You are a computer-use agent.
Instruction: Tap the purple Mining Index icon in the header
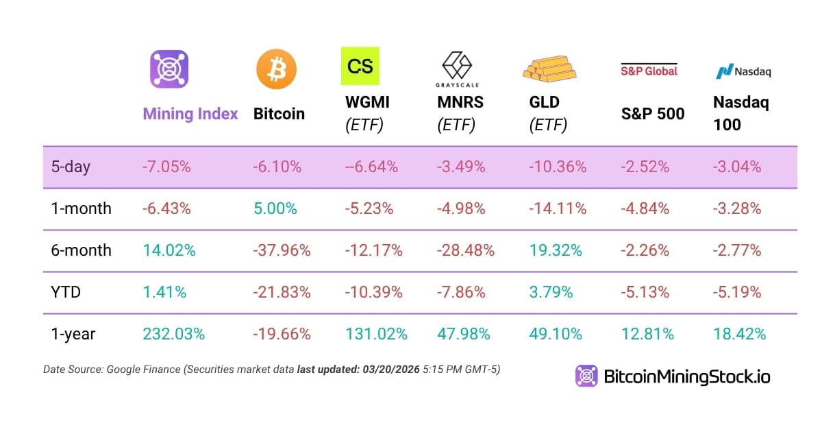pos(169,69)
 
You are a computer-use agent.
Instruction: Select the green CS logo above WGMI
pos(360,66)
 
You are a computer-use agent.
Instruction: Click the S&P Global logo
pos(649,70)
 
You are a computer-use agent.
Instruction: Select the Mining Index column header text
pos(190,114)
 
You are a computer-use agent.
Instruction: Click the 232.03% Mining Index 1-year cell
pos(173,334)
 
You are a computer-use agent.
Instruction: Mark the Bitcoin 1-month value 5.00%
pos(275,208)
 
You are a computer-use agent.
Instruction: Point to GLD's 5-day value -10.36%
pos(558,167)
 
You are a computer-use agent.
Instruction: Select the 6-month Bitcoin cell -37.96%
pos(282,250)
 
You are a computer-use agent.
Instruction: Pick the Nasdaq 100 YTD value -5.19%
pos(737,292)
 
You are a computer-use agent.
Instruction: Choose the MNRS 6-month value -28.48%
pos(466,250)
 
